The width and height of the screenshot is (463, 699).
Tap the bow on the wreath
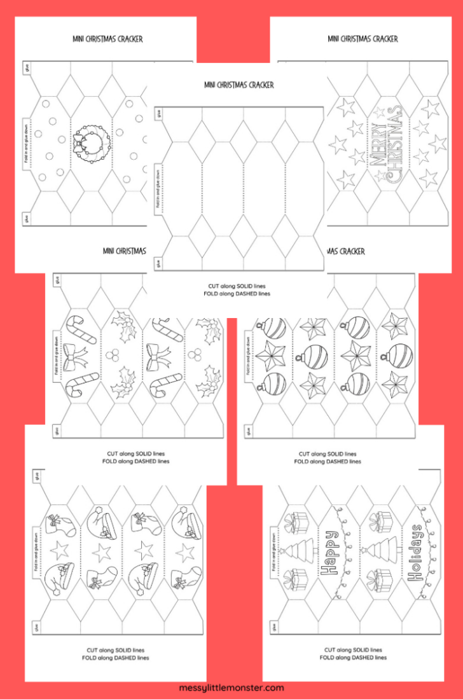tap(81, 142)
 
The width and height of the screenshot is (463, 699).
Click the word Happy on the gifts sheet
tap(331, 553)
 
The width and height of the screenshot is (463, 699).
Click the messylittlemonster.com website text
tap(231, 688)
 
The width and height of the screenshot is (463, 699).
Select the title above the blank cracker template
tap(239, 85)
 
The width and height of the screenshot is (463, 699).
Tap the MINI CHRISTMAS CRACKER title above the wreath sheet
tap(107, 39)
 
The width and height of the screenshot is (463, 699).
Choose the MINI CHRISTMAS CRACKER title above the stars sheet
tap(363, 39)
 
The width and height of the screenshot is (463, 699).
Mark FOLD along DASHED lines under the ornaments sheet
tap(328, 462)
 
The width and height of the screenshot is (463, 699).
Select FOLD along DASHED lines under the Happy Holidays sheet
tap(354, 658)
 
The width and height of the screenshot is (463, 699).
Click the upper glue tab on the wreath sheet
tap(26, 69)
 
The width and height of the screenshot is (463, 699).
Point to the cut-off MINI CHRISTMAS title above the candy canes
tap(125, 251)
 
